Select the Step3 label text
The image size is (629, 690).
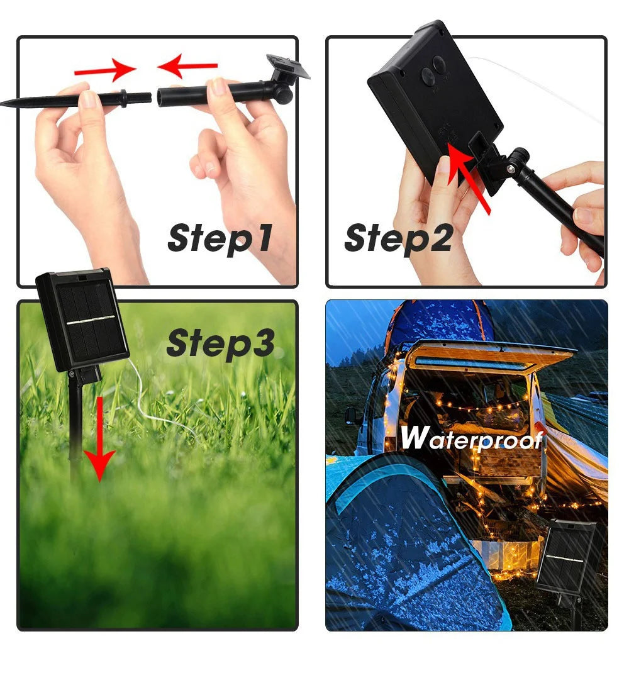pos(220,343)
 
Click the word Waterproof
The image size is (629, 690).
pos(471,438)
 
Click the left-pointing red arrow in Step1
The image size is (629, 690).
pos(187,66)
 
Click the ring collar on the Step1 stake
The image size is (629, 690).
pos(124,97)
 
